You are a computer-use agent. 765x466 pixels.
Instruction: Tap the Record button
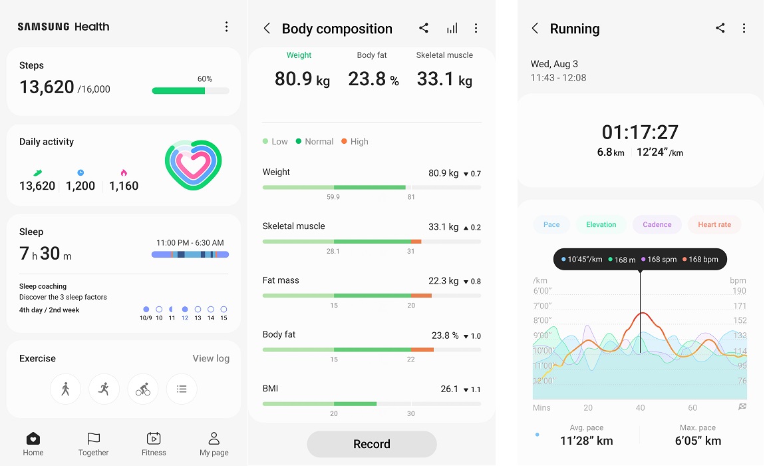371,444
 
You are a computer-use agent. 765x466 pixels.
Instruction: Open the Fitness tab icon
154,439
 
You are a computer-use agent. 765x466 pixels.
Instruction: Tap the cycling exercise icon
143,389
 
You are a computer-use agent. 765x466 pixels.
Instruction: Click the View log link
211,358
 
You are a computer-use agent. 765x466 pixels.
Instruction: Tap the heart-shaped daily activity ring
193,165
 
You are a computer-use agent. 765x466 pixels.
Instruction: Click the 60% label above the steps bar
205,79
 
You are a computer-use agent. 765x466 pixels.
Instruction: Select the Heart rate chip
714,224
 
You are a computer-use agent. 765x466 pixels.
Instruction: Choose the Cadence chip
657,224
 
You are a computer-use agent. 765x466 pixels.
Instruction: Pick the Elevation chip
601,224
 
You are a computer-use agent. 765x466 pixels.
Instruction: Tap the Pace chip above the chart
551,224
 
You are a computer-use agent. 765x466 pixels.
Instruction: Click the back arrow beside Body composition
267,29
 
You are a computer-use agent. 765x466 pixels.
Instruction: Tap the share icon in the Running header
720,28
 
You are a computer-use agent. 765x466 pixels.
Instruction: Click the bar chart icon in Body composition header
452,28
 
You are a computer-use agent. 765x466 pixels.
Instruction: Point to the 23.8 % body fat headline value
373,79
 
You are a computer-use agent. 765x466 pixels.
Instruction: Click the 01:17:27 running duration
640,132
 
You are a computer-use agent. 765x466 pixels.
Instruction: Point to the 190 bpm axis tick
739,291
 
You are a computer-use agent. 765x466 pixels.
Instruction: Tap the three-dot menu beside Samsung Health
226,27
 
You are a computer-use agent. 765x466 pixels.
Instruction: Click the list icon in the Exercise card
182,389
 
